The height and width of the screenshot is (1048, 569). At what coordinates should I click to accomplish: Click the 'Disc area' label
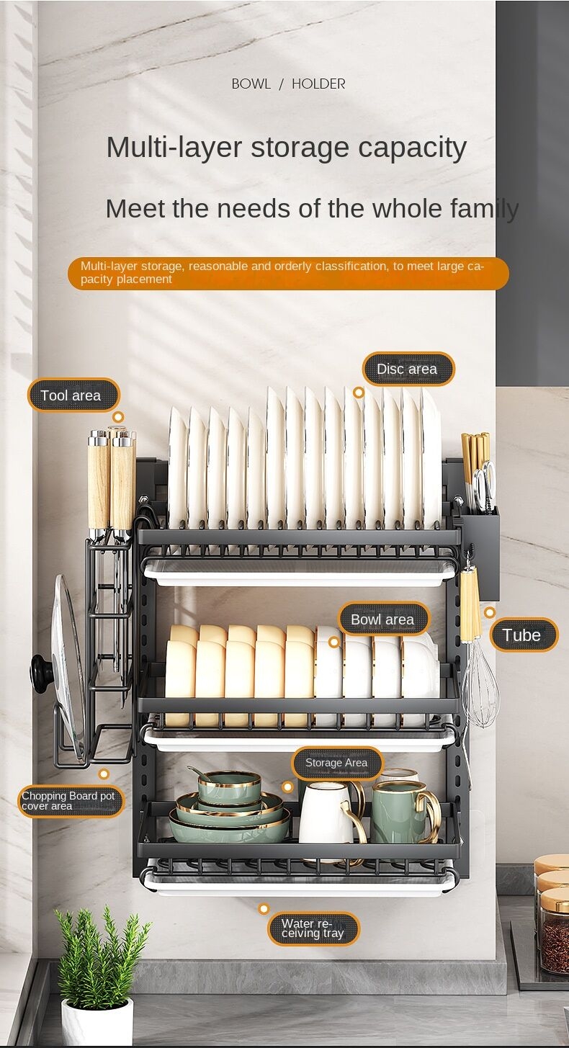[408, 369]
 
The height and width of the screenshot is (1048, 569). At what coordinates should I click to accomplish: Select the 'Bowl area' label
[383, 619]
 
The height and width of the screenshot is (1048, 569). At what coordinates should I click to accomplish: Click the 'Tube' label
[524, 635]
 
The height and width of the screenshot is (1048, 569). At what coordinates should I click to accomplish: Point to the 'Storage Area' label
[337, 763]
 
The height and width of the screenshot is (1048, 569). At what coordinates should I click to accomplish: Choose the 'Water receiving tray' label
[313, 928]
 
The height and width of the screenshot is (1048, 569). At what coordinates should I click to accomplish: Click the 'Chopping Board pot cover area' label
[71, 801]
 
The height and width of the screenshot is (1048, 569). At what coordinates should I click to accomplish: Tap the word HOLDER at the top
[318, 84]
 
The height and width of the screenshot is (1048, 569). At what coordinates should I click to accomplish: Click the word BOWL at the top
[251, 84]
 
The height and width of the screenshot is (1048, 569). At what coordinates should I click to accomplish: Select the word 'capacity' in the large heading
[413, 148]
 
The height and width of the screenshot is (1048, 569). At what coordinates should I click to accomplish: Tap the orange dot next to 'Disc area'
[359, 393]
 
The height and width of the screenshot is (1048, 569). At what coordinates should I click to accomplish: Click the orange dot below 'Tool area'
[118, 417]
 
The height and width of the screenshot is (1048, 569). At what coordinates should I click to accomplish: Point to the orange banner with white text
[288, 273]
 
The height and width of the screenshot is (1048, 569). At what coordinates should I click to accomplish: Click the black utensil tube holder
[480, 553]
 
